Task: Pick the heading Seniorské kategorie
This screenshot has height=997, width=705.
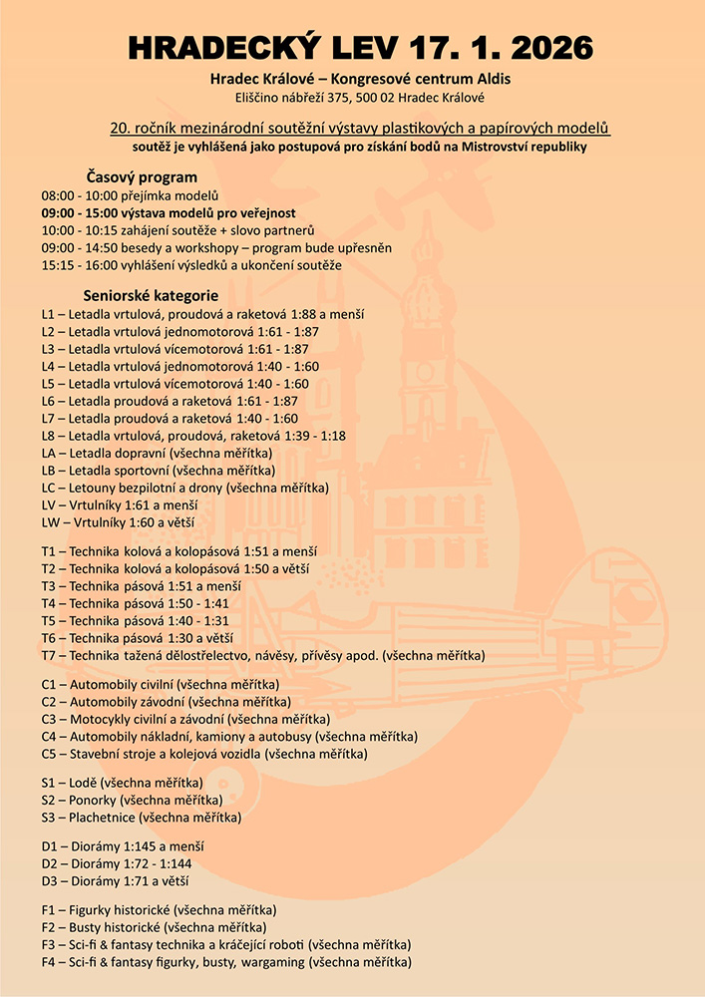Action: [151, 296]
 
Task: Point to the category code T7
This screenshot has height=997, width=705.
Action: [50, 656]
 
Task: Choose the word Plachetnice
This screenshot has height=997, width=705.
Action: [103, 818]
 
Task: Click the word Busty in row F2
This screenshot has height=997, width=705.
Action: [86, 927]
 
